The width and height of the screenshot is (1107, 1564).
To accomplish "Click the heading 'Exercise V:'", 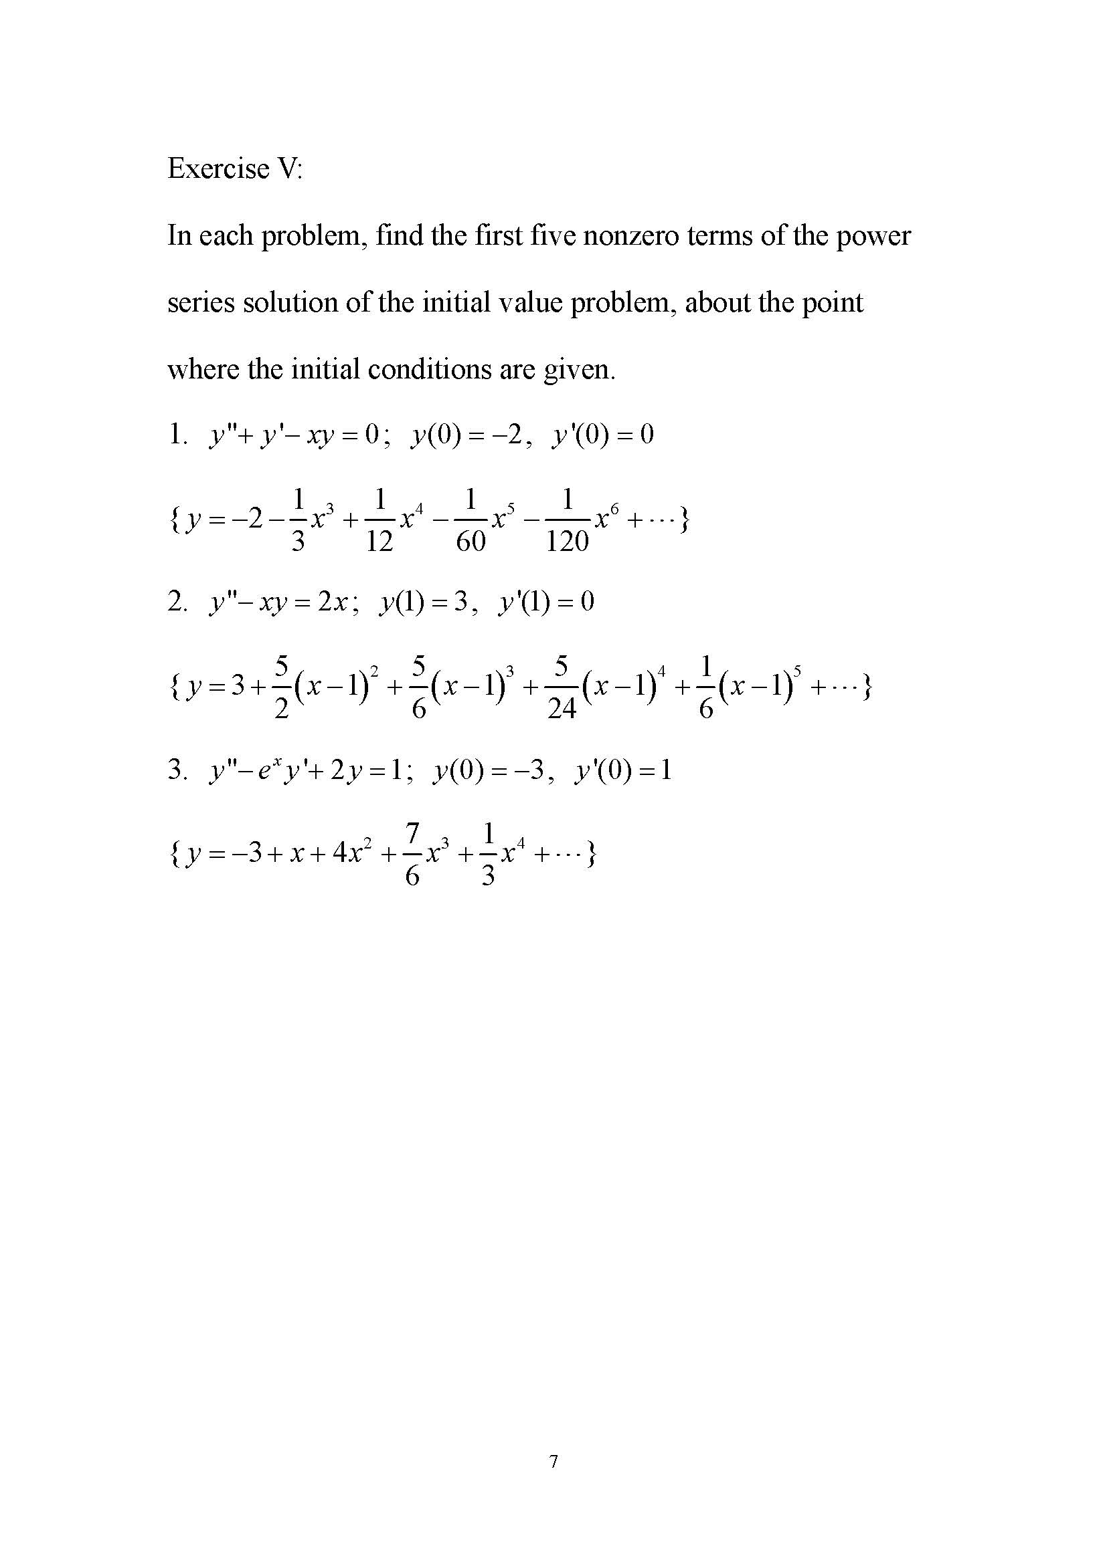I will pos(234,169).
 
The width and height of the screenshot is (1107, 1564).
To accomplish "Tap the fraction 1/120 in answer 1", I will pos(567,521).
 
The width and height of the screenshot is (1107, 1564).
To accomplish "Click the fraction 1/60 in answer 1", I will pos(471,521).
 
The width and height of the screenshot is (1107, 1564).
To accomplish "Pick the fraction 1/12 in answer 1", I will pos(379,521).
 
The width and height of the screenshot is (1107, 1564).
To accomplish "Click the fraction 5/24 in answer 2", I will pos(562,688).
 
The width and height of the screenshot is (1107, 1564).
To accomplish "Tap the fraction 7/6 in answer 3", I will pos(412,855).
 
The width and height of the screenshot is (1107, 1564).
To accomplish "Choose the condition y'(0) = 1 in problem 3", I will pos(623,770).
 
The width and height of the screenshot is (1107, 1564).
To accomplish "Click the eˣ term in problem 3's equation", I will pos(262,770).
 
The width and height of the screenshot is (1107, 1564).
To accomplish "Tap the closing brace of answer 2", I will pos(867,687).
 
